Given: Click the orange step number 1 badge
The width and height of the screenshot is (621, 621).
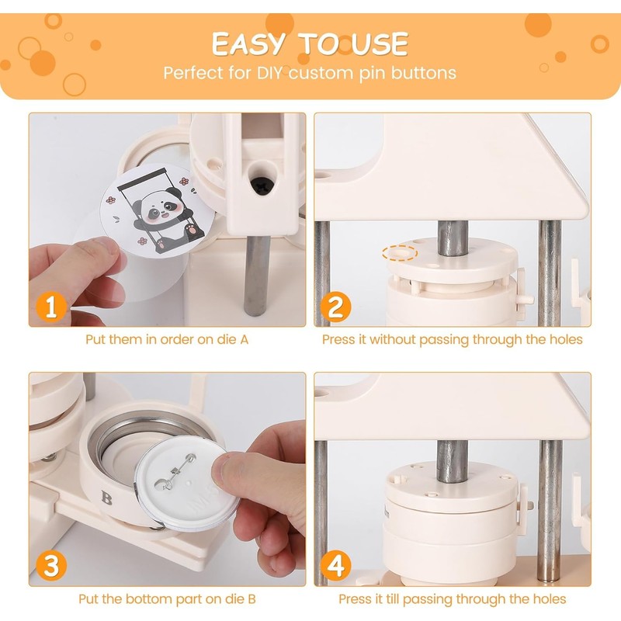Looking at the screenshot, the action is pyautogui.click(x=51, y=307).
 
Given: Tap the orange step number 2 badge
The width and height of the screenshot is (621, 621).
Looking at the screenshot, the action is pyautogui.click(x=336, y=307).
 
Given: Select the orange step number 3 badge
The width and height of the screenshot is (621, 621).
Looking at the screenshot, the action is pyautogui.click(x=51, y=566).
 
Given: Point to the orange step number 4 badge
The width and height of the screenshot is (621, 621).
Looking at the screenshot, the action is pyautogui.click(x=336, y=566).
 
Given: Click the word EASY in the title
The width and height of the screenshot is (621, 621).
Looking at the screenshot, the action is pyautogui.click(x=248, y=43).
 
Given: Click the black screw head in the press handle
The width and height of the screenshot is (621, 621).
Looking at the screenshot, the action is pyautogui.click(x=261, y=186).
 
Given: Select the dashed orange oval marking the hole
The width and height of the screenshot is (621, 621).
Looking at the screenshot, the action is pyautogui.click(x=400, y=253).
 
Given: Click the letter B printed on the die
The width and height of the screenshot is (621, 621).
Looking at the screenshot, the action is pyautogui.click(x=106, y=498).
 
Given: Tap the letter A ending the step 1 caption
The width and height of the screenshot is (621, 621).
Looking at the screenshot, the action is pyautogui.click(x=245, y=339).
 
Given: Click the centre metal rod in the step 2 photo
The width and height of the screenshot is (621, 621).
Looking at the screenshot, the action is pyautogui.click(x=453, y=238).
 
